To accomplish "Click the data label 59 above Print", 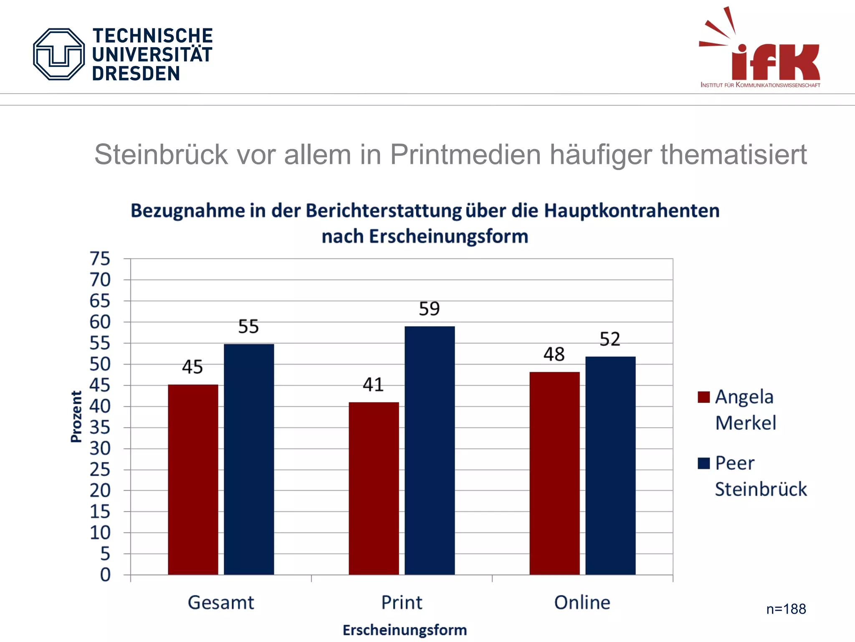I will click(429, 309).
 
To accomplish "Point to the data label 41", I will click(373, 385).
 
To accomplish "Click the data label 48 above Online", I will click(554, 354).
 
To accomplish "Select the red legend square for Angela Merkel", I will click(703, 397).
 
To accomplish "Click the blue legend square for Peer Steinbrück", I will click(703, 463).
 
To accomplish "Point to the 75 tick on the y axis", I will click(100, 259).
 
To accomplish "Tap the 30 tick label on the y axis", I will click(100, 448).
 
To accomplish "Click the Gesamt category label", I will click(220, 602).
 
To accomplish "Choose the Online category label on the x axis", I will click(582, 602).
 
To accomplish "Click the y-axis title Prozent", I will click(76, 416).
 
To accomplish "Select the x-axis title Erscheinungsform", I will click(405, 630).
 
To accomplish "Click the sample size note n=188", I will click(786, 609).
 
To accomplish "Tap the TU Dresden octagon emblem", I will click(59, 54).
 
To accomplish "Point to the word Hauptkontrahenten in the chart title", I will click(632, 210).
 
